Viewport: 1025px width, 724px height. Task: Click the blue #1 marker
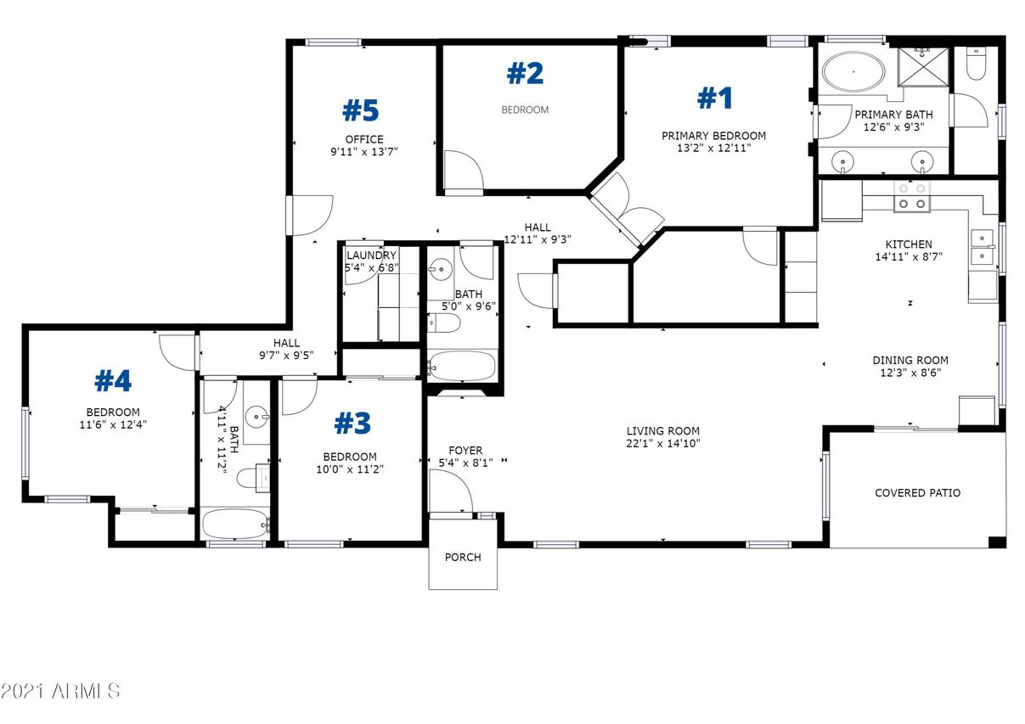(715, 98)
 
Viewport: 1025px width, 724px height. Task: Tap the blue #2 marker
(526, 74)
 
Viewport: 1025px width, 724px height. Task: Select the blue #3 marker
(352, 423)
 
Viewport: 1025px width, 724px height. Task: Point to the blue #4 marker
(113, 381)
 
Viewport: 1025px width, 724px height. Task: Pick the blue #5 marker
(361, 110)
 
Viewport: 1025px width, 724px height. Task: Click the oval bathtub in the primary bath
(853, 72)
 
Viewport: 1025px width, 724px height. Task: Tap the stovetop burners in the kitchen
(912, 196)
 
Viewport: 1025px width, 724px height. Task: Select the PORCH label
(463, 557)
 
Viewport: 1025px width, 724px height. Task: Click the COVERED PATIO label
(917, 492)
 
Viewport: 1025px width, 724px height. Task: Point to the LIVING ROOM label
(663, 431)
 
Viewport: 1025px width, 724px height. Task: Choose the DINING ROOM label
(910, 361)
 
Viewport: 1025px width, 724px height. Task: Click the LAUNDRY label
(371, 255)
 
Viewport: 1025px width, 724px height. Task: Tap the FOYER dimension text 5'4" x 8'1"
(465, 463)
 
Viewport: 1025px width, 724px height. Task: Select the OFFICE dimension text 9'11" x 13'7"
(364, 151)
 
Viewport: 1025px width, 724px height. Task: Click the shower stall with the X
(923, 66)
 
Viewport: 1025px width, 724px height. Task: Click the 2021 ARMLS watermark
(60, 691)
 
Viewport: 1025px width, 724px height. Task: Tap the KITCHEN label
(909, 244)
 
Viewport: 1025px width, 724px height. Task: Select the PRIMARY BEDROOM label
(714, 136)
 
